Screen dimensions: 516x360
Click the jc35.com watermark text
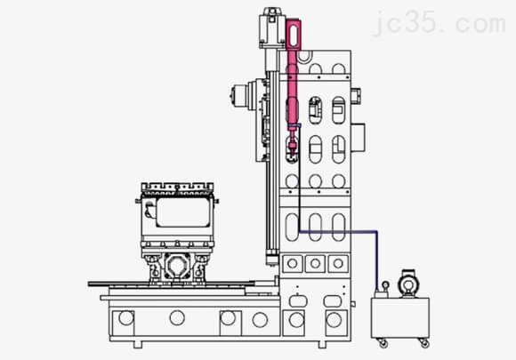[x=439, y=23]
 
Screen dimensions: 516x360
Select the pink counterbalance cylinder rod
[x=292, y=89]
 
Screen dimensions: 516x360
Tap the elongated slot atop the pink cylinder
[x=294, y=35]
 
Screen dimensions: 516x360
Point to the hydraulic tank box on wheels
[x=399, y=317]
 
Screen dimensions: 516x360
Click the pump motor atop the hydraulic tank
[x=408, y=283]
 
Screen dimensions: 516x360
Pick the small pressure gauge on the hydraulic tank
[x=385, y=285]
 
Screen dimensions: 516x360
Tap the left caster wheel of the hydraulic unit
[x=383, y=343]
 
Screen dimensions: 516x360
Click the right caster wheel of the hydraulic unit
[x=424, y=343]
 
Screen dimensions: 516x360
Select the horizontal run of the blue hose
[x=338, y=231]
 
